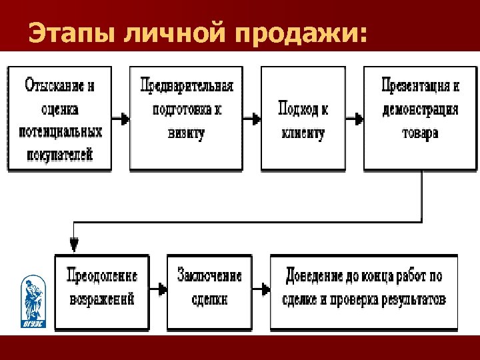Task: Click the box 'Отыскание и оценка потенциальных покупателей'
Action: (x=59, y=119)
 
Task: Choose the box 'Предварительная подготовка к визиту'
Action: (x=186, y=119)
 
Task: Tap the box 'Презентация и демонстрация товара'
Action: (x=419, y=119)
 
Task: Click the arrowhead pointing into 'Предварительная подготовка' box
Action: (x=124, y=119)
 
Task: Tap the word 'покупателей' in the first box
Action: (x=59, y=155)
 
